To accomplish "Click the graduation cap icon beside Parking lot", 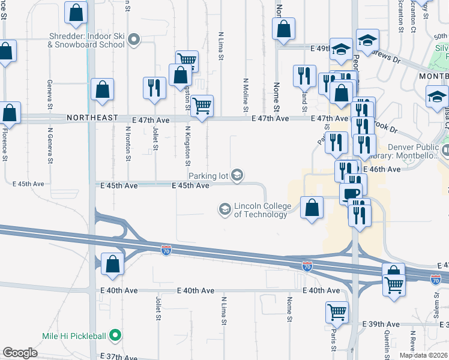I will coord(238,175).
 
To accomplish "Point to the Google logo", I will coord(20,353).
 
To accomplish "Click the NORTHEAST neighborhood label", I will coord(92,119).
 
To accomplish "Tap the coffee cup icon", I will coord(351,194).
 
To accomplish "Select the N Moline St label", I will coord(246,94).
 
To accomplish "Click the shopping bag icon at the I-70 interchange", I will coord(112,263).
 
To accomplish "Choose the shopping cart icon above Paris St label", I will coord(337,311).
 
